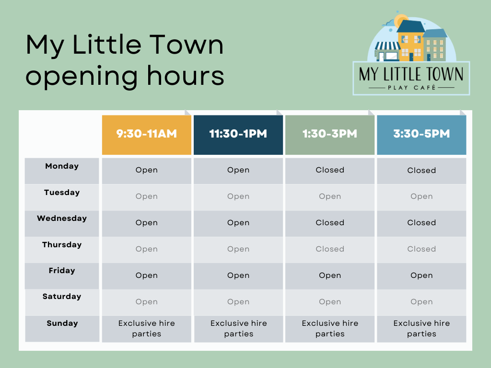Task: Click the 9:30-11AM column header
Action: (x=147, y=135)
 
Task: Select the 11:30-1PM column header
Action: (x=238, y=135)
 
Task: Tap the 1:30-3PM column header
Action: (x=330, y=135)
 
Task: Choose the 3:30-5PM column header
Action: (x=421, y=135)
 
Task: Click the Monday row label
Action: (x=62, y=166)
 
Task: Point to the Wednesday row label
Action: (x=62, y=218)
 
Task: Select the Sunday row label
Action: (x=62, y=323)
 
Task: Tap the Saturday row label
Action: (x=62, y=296)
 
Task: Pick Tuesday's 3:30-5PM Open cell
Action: (x=421, y=197)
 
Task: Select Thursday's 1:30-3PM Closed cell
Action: (x=330, y=250)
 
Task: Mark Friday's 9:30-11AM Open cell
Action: (x=147, y=276)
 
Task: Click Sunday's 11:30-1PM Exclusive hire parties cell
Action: (x=239, y=329)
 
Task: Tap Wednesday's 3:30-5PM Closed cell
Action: (x=421, y=223)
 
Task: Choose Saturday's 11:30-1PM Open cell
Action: (x=238, y=302)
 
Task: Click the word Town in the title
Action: (x=186, y=45)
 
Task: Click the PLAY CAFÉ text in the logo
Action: (x=411, y=88)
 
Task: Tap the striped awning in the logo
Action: (x=387, y=46)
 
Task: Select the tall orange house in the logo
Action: (x=411, y=41)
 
